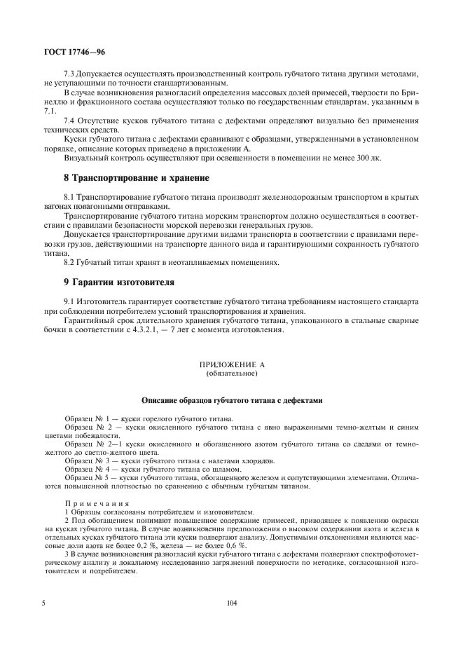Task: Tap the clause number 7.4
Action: tap(70, 120)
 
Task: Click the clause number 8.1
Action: tap(70, 198)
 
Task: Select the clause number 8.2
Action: tap(70, 262)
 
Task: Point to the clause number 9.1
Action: tap(70, 301)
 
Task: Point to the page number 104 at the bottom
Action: tap(232, 603)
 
